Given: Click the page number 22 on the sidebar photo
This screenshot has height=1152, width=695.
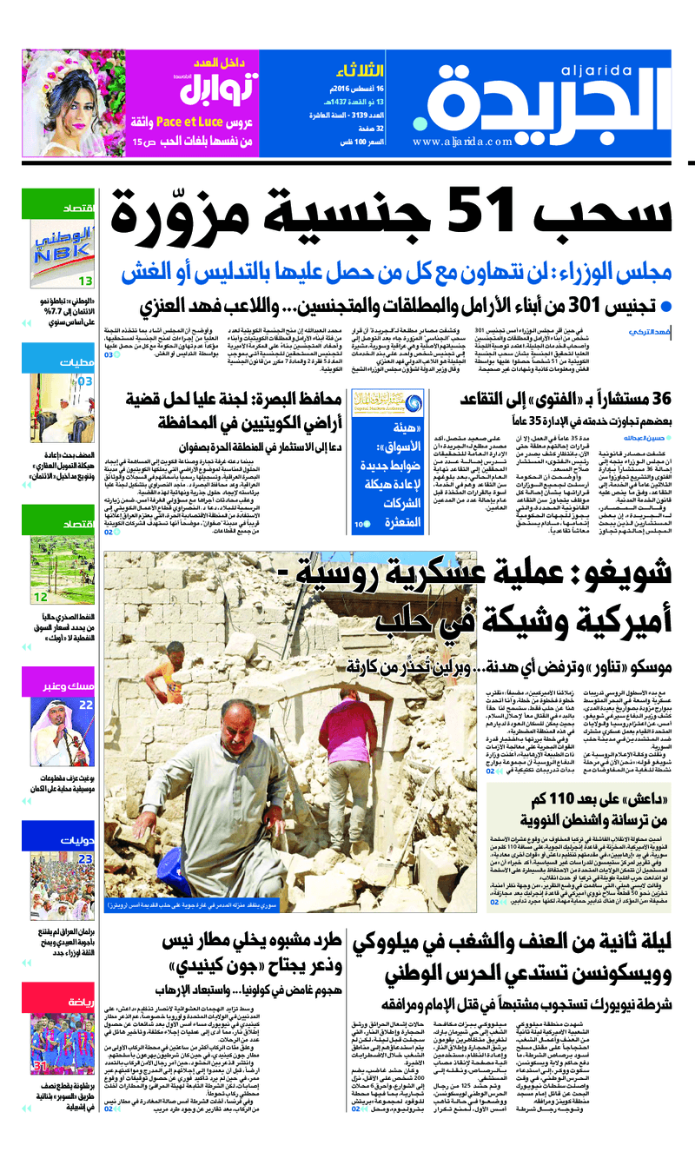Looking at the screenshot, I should point(86,705).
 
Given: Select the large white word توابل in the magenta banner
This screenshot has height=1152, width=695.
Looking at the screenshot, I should point(221,89).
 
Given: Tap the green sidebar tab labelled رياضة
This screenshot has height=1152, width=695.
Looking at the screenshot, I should point(78,1003).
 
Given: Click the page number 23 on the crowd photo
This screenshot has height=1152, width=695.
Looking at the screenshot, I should point(86,859).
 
